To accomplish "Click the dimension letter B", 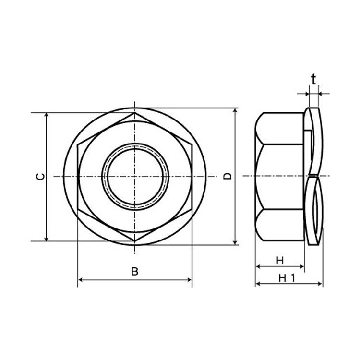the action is click(x=134, y=271).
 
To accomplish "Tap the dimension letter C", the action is click(x=41, y=177).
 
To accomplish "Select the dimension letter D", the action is click(x=228, y=176).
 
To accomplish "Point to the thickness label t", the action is click(x=313, y=79).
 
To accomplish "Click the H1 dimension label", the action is click(x=286, y=278).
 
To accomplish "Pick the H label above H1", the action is click(x=280, y=261).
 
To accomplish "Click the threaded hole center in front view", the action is click(x=135, y=176).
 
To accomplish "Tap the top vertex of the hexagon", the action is click(x=135, y=113).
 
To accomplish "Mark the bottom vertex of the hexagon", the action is click(x=135, y=241).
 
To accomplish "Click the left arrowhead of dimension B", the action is click(x=80, y=280).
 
